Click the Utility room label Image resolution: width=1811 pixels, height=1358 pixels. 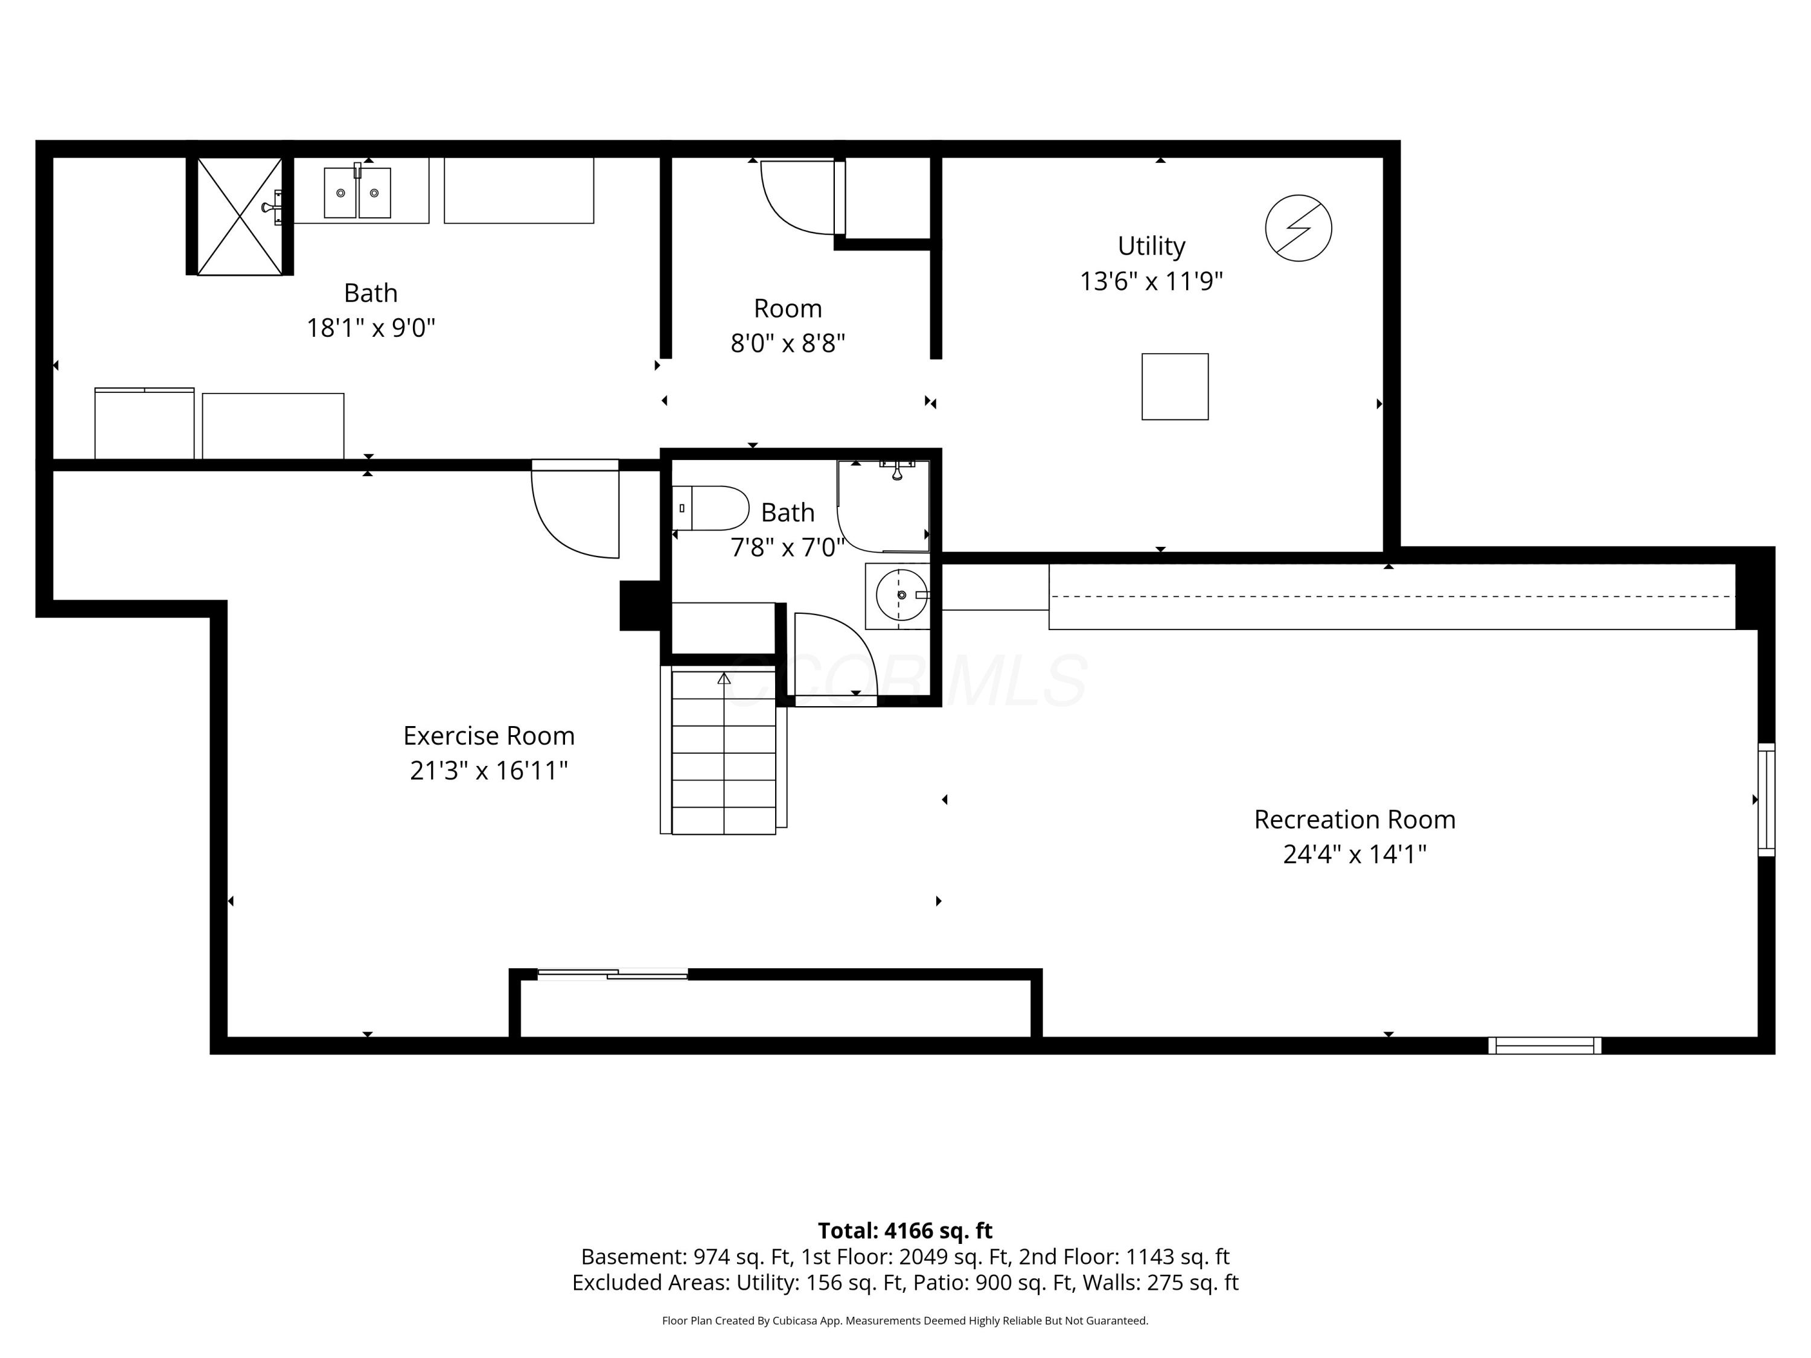pos(1151,246)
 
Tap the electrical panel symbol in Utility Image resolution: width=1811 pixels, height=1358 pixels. pos(1298,228)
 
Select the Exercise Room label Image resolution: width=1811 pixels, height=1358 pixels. pos(489,735)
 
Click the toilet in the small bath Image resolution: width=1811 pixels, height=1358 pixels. pos(710,508)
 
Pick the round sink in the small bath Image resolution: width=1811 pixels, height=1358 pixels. pos(901,595)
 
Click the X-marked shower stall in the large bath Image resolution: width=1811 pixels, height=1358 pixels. pos(239,216)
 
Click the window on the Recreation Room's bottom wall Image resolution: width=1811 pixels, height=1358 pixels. pos(1544,1045)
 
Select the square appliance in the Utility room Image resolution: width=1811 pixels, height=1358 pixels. pos(1175,386)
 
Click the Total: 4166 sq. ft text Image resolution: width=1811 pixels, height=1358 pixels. pos(905,1230)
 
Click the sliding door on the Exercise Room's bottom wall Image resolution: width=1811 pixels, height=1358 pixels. pos(612,974)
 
